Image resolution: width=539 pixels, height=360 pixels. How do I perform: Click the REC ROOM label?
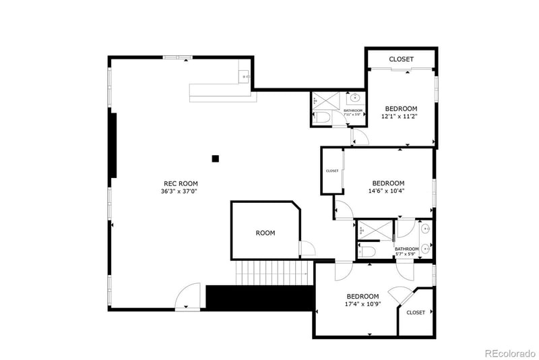pyautogui.click(x=181, y=183)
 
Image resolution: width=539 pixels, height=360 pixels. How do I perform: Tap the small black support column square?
pyautogui.click(x=216, y=159)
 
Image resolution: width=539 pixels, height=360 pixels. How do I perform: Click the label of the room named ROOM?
pyautogui.click(x=265, y=233)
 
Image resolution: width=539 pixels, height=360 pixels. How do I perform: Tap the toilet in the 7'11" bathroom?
pyautogui.click(x=323, y=119)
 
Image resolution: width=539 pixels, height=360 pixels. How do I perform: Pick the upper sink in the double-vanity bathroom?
pyautogui.click(x=425, y=229)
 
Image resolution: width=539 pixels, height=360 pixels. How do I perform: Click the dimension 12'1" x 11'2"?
pyautogui.click(x=401, y=116)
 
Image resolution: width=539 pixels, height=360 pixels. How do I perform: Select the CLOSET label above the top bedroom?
pyautogui.click(x=402, y=59)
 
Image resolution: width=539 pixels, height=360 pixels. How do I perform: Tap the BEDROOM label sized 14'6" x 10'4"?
pyautogui.click(x=388, y=183)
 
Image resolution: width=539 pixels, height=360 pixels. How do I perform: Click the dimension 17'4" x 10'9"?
pyautogui.click(x=362, y=304)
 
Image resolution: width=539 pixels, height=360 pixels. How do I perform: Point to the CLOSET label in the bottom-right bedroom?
pyautogui.click(x=416, y=313)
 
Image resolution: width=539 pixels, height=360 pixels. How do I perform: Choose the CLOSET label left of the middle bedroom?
pyautogui.click(x=332, y=171)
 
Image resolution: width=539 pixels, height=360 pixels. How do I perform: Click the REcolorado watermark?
pyautogui.click(x=507, y=351)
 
